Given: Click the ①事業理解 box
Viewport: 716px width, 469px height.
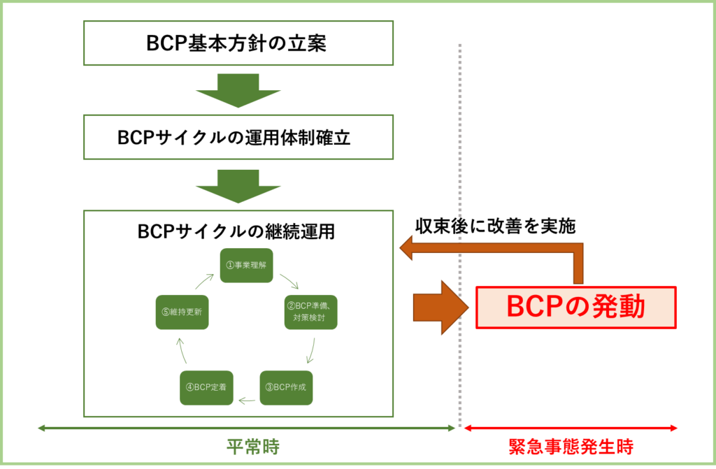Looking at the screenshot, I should pyautogui.click(x=246, y=266).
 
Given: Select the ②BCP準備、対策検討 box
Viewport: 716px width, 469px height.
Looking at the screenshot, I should pyautogui.click(x=311, y=312).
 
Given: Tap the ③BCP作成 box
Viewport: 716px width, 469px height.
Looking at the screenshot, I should pyautogui.click(x=286, y=387).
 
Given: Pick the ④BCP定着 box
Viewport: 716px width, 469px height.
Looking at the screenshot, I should pyautogui.click(x=206, y=387).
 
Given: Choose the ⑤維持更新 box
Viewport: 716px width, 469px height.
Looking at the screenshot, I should pyautogui.click(x=182, y=312).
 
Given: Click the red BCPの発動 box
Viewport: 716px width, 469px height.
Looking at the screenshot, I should pyautogui.click(x=575, y=308).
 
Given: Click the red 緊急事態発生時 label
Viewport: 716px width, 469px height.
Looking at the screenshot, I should pyautogui.click(x=571, y=447).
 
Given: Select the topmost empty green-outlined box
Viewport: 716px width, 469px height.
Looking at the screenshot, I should pyautogui.click(x=238, y=43).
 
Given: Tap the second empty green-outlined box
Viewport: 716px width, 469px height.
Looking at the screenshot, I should pyautogui.click(x=238, y=137).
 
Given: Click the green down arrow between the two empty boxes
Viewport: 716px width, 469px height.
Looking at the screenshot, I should pyautogui.click(x=238, y=90).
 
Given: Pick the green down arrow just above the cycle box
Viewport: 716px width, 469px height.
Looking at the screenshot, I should pyautogui.click(x=238, y=185).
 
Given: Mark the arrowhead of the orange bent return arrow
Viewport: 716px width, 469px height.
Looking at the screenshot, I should pyautogui.click(x=408, y=247).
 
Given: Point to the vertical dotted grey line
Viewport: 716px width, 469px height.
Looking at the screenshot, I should pyautogui.click(x=460, y=140).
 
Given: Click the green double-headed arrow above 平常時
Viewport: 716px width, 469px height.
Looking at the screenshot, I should pyautogui.click(x=245, y=428).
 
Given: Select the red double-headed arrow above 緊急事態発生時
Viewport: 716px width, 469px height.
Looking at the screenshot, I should pyautogui.click(x=571, y=428).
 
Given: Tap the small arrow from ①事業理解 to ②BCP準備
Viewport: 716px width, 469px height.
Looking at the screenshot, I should pyautogui.click(x=289, y=281).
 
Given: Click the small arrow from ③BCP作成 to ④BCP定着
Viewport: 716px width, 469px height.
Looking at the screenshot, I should pyautogui.click(x=246, y=401).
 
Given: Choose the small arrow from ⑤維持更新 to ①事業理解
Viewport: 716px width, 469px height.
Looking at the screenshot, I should pyautogui.click(x=203, y=281).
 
